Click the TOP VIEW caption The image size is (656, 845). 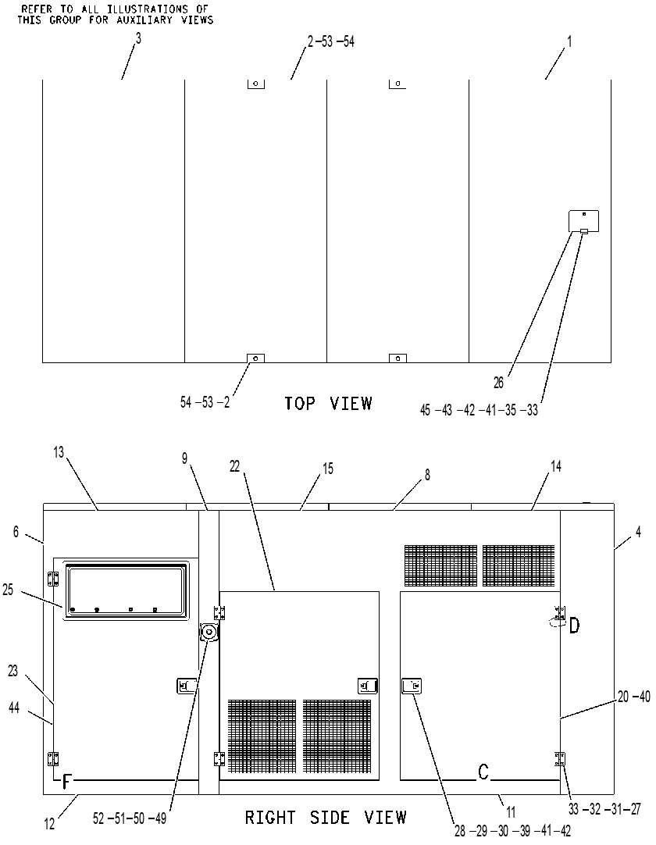tap(328, 403)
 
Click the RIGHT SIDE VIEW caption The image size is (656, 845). tap(326, 818)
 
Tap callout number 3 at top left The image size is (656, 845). tap(138, 39)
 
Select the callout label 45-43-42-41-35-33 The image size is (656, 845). tap(479, 410)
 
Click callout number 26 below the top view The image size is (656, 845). tap(498, 383)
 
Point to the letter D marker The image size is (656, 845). tap(575, 626)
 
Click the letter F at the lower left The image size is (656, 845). tap(67, 781)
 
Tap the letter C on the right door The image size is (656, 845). tap(483, 772)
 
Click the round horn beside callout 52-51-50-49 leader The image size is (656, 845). tap(209, 631)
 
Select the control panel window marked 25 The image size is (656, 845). tap(127, 590)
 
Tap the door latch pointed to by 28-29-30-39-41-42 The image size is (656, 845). tap(412, 686)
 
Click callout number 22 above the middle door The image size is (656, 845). tap(234, 466)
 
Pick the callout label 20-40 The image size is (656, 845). tap(634, 697)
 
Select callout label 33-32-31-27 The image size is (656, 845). tap(604, 808)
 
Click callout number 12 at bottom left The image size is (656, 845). tap(50, 823)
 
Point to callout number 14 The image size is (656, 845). tap(556, 466)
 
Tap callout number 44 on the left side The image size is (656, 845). tap(14, 707)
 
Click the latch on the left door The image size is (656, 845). tap(187, 686)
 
